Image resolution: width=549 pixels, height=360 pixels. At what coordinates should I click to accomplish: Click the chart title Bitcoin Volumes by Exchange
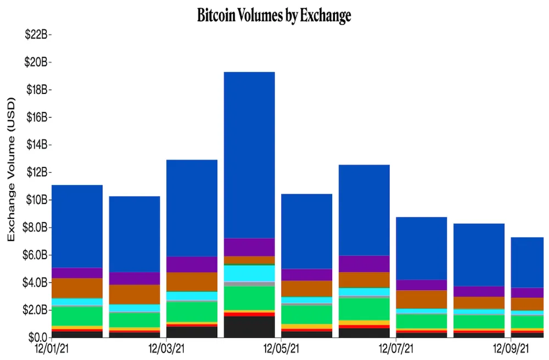(274, 16)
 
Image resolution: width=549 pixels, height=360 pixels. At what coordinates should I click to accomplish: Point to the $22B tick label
(37, 35)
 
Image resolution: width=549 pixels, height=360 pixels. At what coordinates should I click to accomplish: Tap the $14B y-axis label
(37, 145)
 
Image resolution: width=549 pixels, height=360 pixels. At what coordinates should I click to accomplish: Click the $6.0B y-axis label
(37, 255)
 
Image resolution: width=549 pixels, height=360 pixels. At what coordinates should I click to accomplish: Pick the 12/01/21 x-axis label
(51, 348)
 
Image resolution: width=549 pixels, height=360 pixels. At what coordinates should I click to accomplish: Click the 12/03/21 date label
(166, 348)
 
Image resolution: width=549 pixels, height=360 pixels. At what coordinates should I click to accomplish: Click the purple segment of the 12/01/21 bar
(76, 273)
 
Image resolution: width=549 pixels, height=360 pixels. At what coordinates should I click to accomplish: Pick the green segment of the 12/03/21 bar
(192, 311)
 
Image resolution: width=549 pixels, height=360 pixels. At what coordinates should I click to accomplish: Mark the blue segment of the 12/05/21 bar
(306, 231)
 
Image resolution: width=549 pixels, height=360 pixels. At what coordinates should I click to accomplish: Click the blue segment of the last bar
(527, 262)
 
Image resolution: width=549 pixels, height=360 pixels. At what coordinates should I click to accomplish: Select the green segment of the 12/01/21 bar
(76, 316)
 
